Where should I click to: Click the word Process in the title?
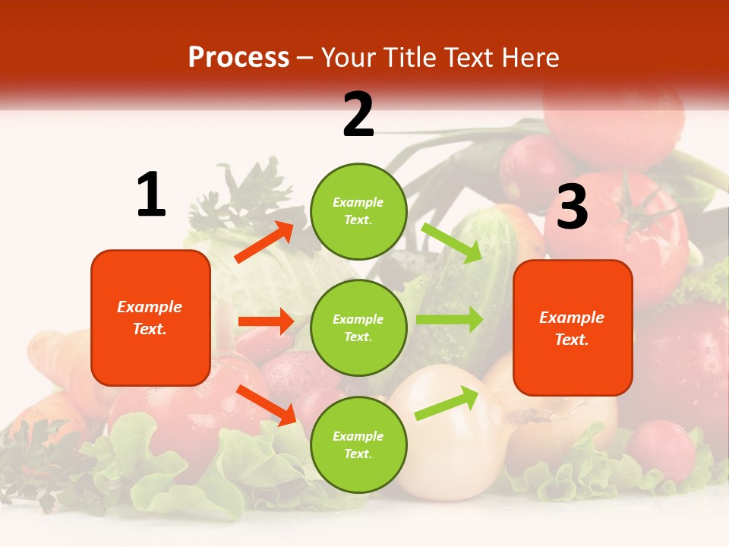coord(238,58)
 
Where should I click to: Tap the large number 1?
coord(151,195)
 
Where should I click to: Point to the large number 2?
coord(358,115)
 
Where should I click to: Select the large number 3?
coord(572,207)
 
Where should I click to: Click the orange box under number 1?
coord(150,318)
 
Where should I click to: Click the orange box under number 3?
coord(573,327)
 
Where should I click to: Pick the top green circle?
coord(358,210)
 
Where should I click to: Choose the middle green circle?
coord(358,327)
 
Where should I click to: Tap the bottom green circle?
coord(358,444)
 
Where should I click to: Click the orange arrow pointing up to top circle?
coord(264,242)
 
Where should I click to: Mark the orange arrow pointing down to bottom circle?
coord(267,405)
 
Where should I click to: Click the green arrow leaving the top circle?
coord(452,242)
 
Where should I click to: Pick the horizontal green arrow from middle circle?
coord(449,320)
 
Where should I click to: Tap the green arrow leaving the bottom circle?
coord(447,403)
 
